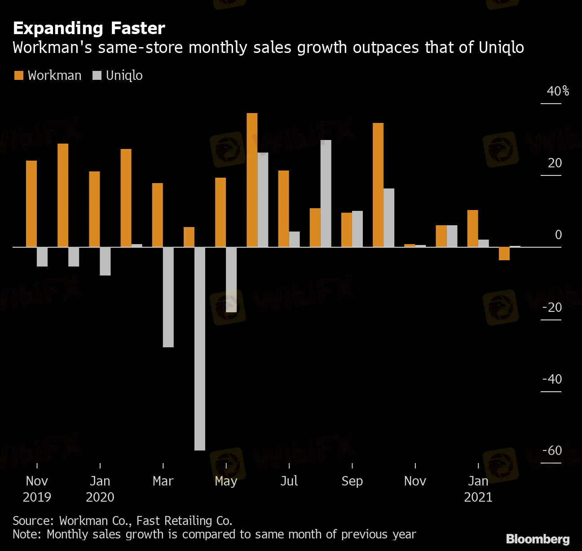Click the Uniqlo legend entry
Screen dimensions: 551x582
pos(118,75)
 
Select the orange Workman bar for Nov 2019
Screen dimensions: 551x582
pos(31,204)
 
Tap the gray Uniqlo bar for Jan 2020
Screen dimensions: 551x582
pos(105,261)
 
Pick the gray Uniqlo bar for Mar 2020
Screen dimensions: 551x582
pos(168,297)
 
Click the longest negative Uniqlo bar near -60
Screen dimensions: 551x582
pos(200,349)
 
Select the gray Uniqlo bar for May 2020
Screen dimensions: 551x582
pos(231,280)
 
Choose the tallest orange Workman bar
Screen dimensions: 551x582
pos(252,180)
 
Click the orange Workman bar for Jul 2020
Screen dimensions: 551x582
pos(283,209)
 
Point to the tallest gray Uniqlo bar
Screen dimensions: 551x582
pos(326,193)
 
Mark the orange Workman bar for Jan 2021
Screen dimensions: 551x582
pos(472,228)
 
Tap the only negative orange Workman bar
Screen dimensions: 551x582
pos(504,254)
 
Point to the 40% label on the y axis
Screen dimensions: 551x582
pos(557,91)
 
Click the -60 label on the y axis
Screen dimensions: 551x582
pos(552,450)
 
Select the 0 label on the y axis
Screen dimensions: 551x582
pos(558,235)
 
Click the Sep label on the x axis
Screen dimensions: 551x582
pos(352,481)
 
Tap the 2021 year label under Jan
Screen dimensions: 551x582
pos(478,497)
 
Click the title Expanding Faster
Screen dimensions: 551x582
pos(89,28)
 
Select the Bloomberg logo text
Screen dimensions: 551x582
pos(538,539)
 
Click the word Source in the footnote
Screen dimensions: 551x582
pos(33,520)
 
